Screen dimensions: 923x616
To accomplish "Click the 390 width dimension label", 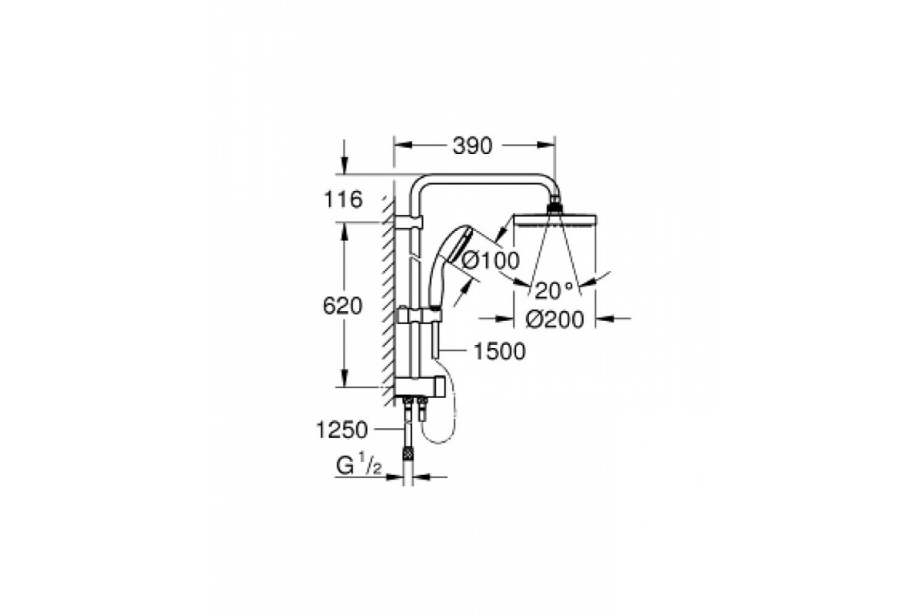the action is (472, 146).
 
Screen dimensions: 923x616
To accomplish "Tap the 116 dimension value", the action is (343, 199).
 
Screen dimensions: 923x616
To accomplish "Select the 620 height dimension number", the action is (342, 306).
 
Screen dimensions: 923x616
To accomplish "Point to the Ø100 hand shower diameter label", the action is (491, 260).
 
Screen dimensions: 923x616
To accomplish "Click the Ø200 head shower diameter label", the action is (555, 320).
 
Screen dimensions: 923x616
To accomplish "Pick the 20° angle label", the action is (553, 291).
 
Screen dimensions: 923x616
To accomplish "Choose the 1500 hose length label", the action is (499, 352).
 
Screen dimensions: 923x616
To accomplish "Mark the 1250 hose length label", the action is (342, 430).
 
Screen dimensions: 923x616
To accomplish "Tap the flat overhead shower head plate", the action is (555, 220).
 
